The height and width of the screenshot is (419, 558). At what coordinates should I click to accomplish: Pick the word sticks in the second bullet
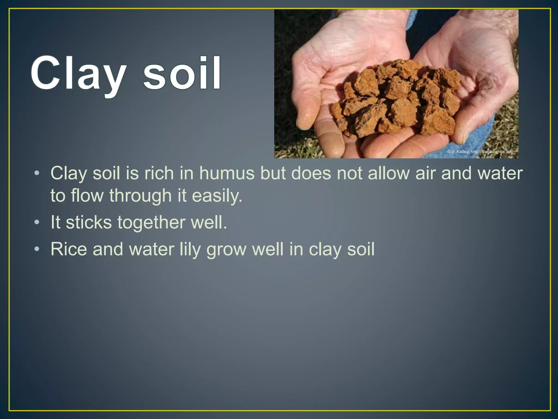pyautogui.click(x=89, y=222)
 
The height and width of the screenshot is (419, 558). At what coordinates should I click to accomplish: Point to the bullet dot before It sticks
pyautogui.click(x=37, y=223)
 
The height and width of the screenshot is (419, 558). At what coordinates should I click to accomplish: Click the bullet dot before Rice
pyautogui.click(x=37, y=249)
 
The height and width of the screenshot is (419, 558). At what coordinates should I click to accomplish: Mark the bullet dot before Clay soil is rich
pyautogui.click(x=37, y=173)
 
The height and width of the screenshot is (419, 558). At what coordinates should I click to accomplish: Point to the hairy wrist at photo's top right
pyautogui.click(x=504, y=25)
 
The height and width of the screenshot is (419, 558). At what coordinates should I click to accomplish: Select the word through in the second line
pyautogui.click(x=140, y=196)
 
